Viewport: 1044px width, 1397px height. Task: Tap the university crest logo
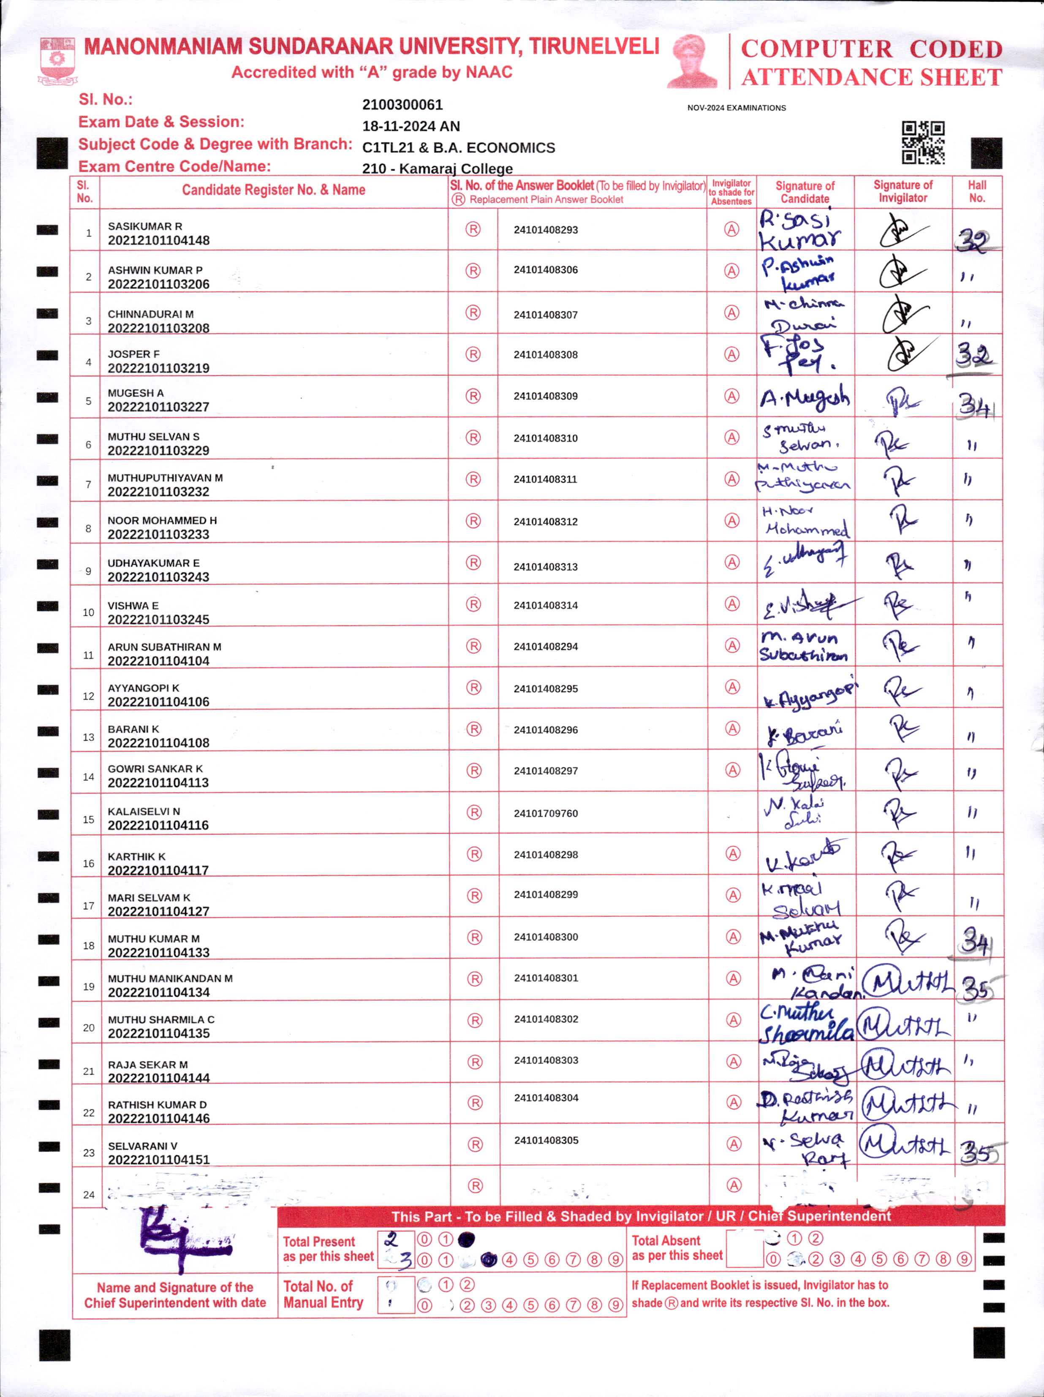[x=57, y=60]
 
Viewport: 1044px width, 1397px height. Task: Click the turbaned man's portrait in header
[x=693, y=61]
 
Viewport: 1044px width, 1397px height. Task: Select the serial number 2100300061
[x=402, y=105]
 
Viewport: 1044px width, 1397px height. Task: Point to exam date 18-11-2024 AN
[x=411, y=126]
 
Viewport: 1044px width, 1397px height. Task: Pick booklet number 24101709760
[x=545, y=813]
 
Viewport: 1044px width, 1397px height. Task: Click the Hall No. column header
[x=976, y=191]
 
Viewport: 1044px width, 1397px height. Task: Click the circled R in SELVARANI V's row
[x=475, y=1144]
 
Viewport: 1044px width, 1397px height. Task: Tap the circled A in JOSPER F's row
[x=731, y=354]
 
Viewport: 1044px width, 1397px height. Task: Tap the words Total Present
[x=319, y=1242]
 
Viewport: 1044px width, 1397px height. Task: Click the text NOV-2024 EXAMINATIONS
[x=737, y=108]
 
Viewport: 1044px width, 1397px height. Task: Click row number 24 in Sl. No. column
[x=88, y=1195]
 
